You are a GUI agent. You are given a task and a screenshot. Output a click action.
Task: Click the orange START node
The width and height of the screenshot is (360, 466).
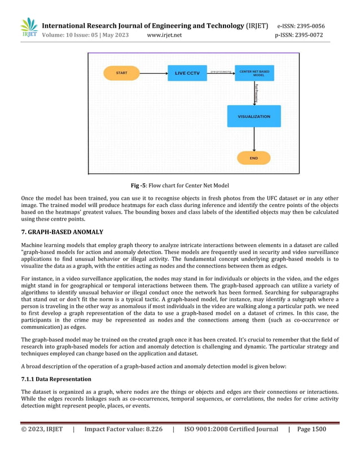coord(121,73)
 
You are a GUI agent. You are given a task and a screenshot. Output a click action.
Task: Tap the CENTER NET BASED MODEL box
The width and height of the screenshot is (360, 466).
coord(254,73)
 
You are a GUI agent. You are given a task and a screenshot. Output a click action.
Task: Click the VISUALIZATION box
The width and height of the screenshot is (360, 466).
coord(253,116)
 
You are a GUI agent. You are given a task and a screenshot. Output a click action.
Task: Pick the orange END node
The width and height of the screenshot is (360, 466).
coord(253,158)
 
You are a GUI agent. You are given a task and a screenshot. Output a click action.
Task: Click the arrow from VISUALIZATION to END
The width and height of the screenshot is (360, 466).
coord(254,139)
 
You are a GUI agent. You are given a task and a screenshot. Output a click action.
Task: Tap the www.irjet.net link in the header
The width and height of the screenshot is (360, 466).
coord(164,35)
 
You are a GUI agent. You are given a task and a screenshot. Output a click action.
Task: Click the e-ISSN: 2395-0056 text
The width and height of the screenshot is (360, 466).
coord(300,26)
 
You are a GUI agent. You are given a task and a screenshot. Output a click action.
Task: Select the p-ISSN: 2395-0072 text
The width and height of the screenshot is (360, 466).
coord(299,35)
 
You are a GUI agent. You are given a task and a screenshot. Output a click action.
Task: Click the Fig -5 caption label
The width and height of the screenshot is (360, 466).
coord(139,186)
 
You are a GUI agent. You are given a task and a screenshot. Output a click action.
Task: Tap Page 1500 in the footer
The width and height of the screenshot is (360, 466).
coord(311,429)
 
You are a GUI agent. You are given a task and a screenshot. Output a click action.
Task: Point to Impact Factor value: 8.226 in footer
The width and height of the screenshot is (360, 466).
coord(123,429)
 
